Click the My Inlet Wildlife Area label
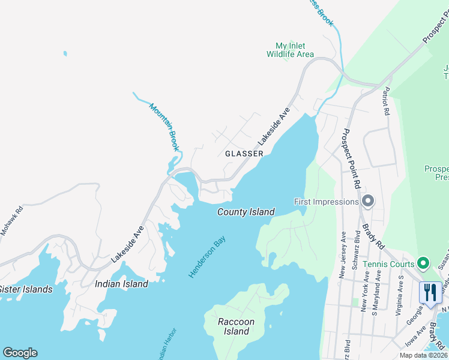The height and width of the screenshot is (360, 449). [x=290, y=50]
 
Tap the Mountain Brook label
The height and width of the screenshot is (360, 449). [x=164, y=127]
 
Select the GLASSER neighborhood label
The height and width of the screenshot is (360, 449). [x=244, y=154]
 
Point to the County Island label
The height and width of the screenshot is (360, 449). [x=246, y=212]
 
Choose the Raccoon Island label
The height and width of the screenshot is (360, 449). [x=237, y=326]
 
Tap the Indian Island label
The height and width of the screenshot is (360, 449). [x=121, y=284]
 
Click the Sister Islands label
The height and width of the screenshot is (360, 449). [x=25, y=289]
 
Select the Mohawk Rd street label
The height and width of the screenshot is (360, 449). [x=11, y=220]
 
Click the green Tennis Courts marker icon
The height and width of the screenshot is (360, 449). [x=423, y=263]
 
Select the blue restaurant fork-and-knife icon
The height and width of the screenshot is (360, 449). [x=430, y=293]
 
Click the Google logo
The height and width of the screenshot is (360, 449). [x=20, y=353]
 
